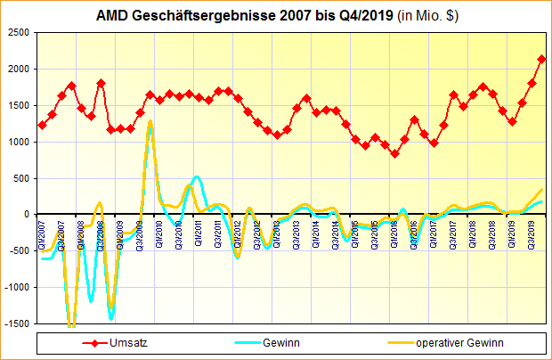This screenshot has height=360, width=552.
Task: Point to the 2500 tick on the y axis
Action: coord(19,32)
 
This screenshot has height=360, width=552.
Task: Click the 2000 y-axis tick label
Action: coord(19,69)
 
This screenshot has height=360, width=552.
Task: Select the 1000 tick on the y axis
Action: coord(19,142)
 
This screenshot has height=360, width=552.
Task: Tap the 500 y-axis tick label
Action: coord(21,178)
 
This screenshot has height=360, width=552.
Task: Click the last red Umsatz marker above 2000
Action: coord(541,59)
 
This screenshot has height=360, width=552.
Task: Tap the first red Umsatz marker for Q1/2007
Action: coord(42,125)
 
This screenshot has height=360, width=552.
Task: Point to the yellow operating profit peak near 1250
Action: coord(150,122)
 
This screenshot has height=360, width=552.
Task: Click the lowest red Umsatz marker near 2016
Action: coord(394,153)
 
